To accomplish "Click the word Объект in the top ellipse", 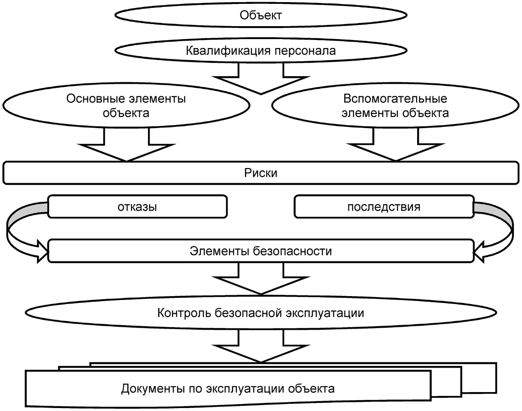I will coord(261,16).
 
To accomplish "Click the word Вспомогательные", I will coord(395,99).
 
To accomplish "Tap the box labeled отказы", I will coord(137,207).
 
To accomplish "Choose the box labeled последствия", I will coord(384,207).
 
